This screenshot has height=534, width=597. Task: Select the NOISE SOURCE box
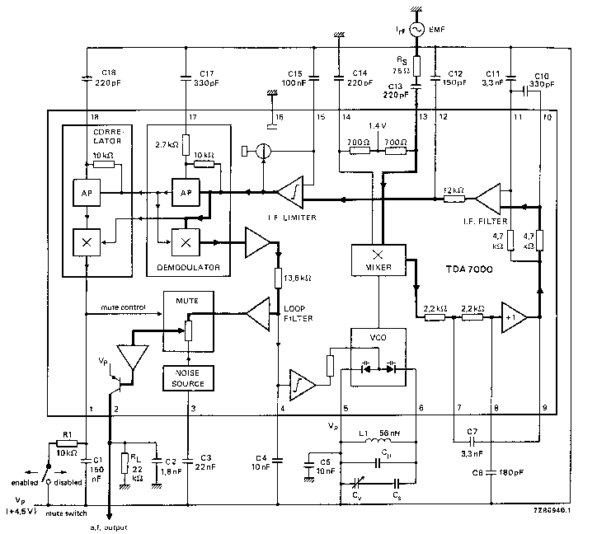pos(187,377)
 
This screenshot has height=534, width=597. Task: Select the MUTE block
pos(188,323)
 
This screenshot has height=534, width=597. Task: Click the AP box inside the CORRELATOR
pos(87,192)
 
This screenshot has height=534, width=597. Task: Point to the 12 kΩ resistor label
pos(454,189)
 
